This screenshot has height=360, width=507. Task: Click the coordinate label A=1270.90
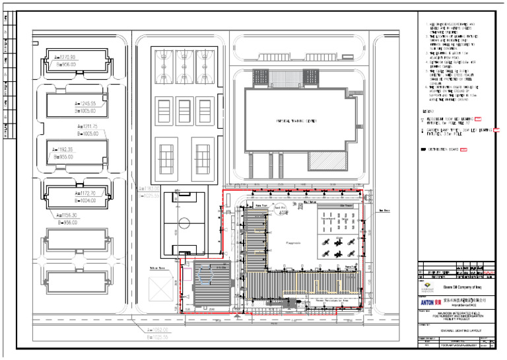pyautogui.click(x=64, y=57)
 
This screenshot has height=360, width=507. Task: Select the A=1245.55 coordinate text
pyautogui.click(x=84, y=104)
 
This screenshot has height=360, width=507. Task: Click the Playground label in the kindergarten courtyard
pyautogui.click(x=293, y=243)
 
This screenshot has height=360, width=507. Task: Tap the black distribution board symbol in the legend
pyautogui.click(x=424, y=150)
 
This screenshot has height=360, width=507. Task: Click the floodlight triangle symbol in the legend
pyautogui.click(x=423, y=120)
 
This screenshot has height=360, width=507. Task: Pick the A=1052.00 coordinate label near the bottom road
pyautogui.click(x=157, y=330)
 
